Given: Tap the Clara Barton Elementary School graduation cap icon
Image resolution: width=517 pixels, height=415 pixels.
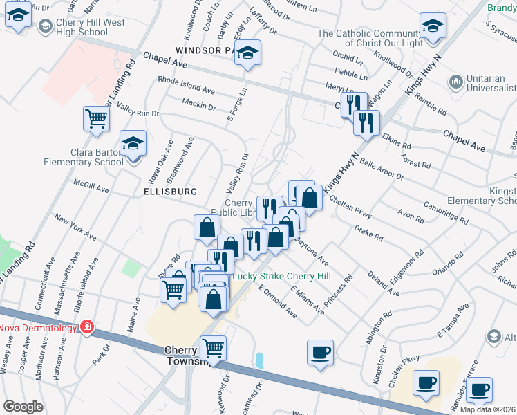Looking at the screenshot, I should (133, 144).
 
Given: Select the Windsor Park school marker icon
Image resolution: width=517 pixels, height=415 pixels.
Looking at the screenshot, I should (247, 53).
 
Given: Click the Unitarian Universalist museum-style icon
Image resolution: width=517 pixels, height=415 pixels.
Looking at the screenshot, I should (455, 83).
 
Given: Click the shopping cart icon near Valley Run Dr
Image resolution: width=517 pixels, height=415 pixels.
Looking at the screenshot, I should (95, 118).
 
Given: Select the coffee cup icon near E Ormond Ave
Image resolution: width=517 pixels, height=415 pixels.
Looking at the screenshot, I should (320, 351).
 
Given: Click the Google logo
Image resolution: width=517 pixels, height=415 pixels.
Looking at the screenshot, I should (23, 407).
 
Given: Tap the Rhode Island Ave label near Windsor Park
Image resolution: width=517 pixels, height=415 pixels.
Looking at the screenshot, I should (187, 89).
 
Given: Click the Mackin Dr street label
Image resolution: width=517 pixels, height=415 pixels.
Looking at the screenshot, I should (199, 104).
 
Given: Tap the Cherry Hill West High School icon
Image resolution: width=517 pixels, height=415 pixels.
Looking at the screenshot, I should (46, 26).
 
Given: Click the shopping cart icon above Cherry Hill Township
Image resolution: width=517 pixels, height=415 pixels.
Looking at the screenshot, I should (213, 348).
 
